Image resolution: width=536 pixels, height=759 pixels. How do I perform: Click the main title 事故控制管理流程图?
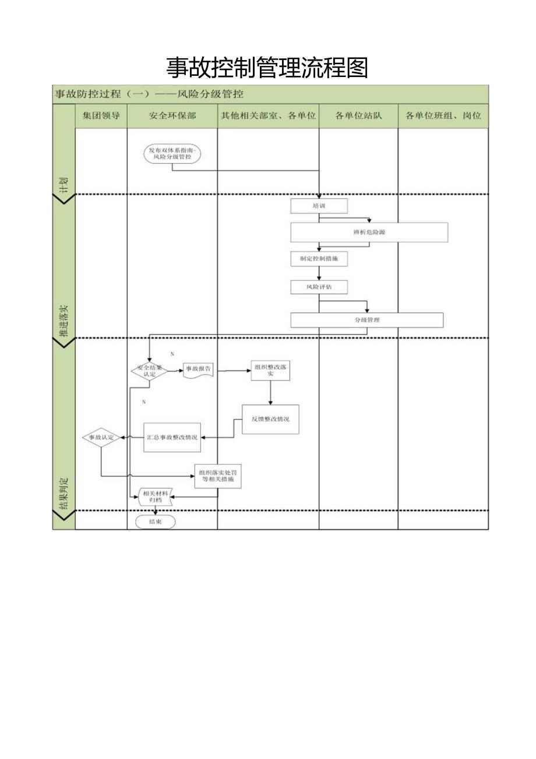tap(267, 68)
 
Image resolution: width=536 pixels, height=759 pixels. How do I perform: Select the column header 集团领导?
tap(101, 116)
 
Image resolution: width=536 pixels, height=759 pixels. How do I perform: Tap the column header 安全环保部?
tap(172, 116)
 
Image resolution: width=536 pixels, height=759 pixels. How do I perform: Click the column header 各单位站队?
tap(358, 116)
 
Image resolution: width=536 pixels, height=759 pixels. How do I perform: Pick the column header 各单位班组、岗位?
tap(443, 116)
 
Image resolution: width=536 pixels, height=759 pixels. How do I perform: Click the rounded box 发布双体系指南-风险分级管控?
tap(172, 154)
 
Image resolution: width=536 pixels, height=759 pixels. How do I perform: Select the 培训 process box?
tap(319, 206)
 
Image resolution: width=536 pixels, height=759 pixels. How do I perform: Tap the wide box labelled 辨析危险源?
tap(369, 232)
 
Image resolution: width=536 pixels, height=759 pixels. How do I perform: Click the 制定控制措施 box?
tap(319, 259)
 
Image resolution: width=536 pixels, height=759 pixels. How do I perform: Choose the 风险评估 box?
tap(319, 287)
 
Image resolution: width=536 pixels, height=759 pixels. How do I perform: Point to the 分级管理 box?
tap(366, 320)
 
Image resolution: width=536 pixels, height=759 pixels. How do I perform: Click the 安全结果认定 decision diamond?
tap(150, 371)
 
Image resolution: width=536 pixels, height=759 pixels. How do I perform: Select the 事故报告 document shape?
tap(199, 370)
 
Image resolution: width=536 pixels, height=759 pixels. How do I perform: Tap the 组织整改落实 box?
tap(270, 370)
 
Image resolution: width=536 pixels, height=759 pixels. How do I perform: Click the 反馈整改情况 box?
tap(270, 419)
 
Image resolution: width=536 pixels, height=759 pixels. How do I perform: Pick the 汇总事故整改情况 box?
tap(172, 437)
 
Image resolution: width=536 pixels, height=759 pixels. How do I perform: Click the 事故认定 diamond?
tap(101, 437)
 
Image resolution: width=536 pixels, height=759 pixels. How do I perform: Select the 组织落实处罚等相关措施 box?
tap(217, 475)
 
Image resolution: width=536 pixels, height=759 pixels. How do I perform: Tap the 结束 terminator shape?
tap(155, 522)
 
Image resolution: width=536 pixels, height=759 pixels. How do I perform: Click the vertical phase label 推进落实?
tap(64, 321)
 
